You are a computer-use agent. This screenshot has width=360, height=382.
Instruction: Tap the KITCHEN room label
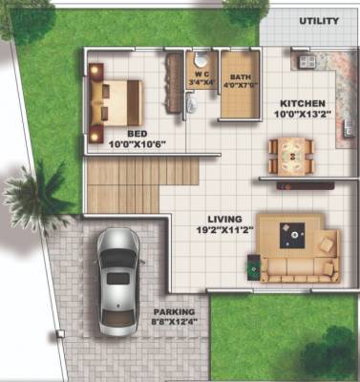point(303,103)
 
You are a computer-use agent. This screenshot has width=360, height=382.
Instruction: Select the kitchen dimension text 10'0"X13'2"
point(304,116)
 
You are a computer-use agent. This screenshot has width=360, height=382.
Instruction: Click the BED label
point(137,133)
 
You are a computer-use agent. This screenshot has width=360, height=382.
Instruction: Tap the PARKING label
point(173,312)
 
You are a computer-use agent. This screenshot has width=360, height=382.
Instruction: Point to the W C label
point(201,73)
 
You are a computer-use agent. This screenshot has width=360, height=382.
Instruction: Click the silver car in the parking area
point(117,275)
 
